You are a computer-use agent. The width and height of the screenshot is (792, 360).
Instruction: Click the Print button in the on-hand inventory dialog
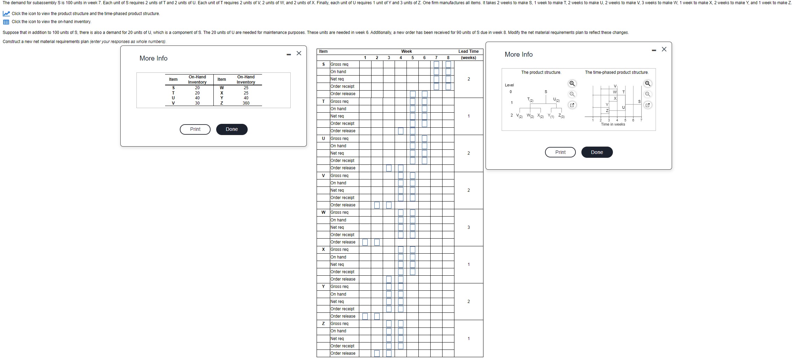[x=195, y=129]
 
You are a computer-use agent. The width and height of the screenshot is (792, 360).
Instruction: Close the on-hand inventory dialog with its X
[x=299, y=53]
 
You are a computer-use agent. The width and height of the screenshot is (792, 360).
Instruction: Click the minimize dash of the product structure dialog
[x=654, y=50]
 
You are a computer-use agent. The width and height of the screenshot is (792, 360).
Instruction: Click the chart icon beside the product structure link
[x=6, y=14]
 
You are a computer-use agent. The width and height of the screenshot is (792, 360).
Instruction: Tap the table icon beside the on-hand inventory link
[x=6, y=22]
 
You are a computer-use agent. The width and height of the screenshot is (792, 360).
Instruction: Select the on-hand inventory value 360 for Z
[x=246, y=103]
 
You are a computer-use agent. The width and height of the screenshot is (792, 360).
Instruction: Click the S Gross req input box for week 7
[x=436, y=64]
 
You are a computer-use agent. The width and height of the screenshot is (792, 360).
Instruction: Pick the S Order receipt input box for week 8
[x=448, y=86]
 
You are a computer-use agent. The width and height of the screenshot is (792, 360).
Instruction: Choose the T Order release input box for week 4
[x=401, y=131]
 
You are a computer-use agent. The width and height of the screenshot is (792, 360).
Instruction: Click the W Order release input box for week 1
[x=365, y=242]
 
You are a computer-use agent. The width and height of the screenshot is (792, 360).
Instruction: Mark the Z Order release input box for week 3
[x=389, y=353]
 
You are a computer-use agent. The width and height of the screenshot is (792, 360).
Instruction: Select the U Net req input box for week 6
[x=424, y=153]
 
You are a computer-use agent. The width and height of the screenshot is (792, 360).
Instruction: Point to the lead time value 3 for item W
[x=468, y=227]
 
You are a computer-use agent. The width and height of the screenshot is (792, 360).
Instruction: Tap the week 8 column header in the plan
[x=448, y=58]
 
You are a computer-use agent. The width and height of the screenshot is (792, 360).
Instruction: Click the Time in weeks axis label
[x=613, y=124]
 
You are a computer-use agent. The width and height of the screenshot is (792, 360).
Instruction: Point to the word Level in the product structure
[x=509, y=85]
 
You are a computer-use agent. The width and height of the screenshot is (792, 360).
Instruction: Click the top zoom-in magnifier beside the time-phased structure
[x=648, y=84]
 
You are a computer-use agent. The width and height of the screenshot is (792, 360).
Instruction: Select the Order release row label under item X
[x=343, y=279]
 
